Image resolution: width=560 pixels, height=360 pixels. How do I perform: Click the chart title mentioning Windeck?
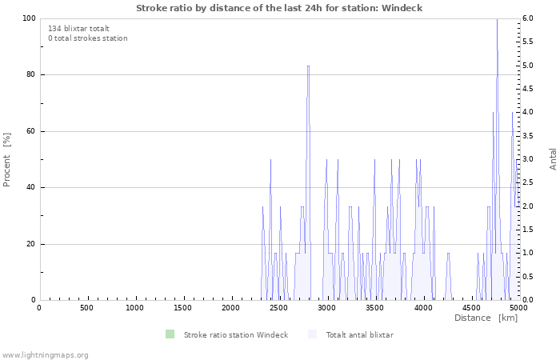(279, 8)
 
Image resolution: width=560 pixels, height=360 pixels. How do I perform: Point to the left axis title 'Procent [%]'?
(7, 159)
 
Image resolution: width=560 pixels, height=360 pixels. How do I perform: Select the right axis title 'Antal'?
(553, 158)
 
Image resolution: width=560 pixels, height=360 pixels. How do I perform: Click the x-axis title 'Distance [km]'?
(486, 318)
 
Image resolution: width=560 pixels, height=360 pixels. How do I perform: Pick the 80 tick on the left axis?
(30, 75)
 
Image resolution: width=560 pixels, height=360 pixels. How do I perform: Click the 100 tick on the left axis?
(28, 18)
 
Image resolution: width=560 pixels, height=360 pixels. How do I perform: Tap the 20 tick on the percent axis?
(30, 244)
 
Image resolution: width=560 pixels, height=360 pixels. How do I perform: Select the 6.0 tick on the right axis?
(528, 18)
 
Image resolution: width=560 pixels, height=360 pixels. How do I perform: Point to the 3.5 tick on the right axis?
(528, 136)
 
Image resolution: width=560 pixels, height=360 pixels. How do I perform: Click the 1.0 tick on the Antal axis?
(528, 254)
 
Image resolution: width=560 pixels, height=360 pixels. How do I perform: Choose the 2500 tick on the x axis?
(279, 308)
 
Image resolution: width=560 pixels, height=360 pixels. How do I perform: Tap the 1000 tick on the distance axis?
(135, 308)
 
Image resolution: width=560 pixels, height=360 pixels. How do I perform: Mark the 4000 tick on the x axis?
(423, 308)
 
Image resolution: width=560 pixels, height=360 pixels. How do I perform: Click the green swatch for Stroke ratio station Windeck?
(169, 334)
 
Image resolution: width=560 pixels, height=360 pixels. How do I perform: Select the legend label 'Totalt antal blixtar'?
(359, 334)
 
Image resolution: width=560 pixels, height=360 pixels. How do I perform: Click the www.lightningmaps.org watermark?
(45, 355)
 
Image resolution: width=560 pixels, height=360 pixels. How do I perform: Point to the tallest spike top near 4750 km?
(497, 20)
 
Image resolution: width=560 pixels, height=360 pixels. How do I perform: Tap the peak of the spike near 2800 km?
(308, 66)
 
